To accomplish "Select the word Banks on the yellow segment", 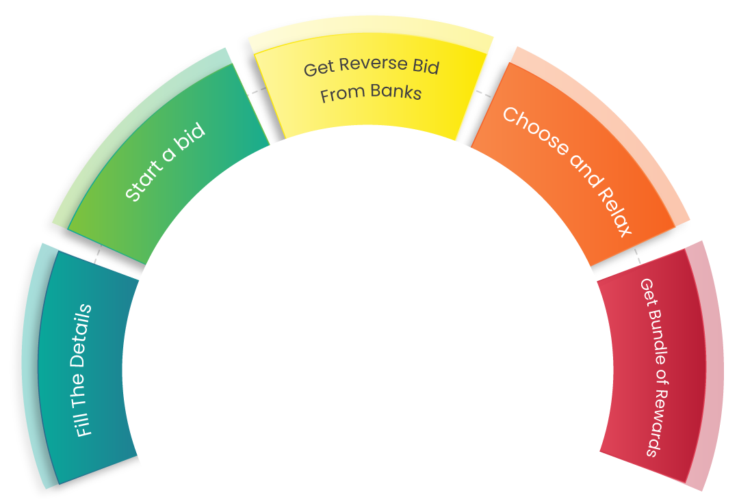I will pos(396,91).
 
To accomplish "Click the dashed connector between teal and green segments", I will pos(98,254).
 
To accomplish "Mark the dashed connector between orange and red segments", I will pos(637,256).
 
